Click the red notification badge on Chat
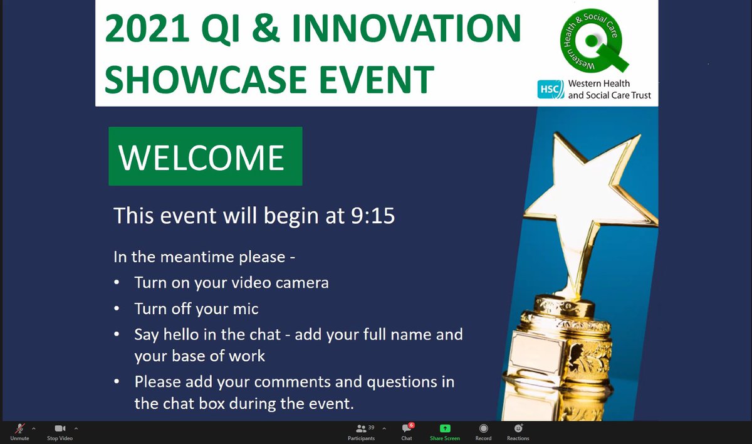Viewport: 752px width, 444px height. [x=411, y=425]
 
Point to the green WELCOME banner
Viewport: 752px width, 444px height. [x=205, y=156]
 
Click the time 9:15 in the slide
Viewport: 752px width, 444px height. [x=370, y=216]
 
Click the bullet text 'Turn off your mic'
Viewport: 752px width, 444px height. [x=196, y=309]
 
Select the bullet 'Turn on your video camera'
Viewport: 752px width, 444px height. [x=231, y=282]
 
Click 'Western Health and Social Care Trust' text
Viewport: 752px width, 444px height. [x=608, y=90]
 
